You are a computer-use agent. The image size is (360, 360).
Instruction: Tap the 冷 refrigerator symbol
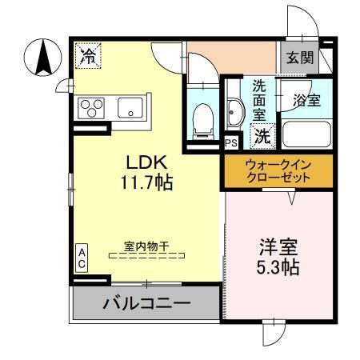click(x=89, y=55)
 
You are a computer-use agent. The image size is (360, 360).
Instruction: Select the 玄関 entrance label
click(x=301, y=58)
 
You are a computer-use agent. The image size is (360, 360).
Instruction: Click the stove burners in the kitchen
click(x=91, y=107)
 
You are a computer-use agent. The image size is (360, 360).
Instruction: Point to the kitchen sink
click(x=130, y=107)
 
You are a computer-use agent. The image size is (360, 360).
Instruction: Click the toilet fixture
click(x=204, y=118)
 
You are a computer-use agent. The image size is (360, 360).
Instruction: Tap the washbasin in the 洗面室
click(x=234, y=114)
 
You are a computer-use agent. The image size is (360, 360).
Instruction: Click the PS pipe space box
click(x=231, y=143)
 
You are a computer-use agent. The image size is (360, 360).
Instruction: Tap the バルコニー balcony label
click(x=146, y=304)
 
